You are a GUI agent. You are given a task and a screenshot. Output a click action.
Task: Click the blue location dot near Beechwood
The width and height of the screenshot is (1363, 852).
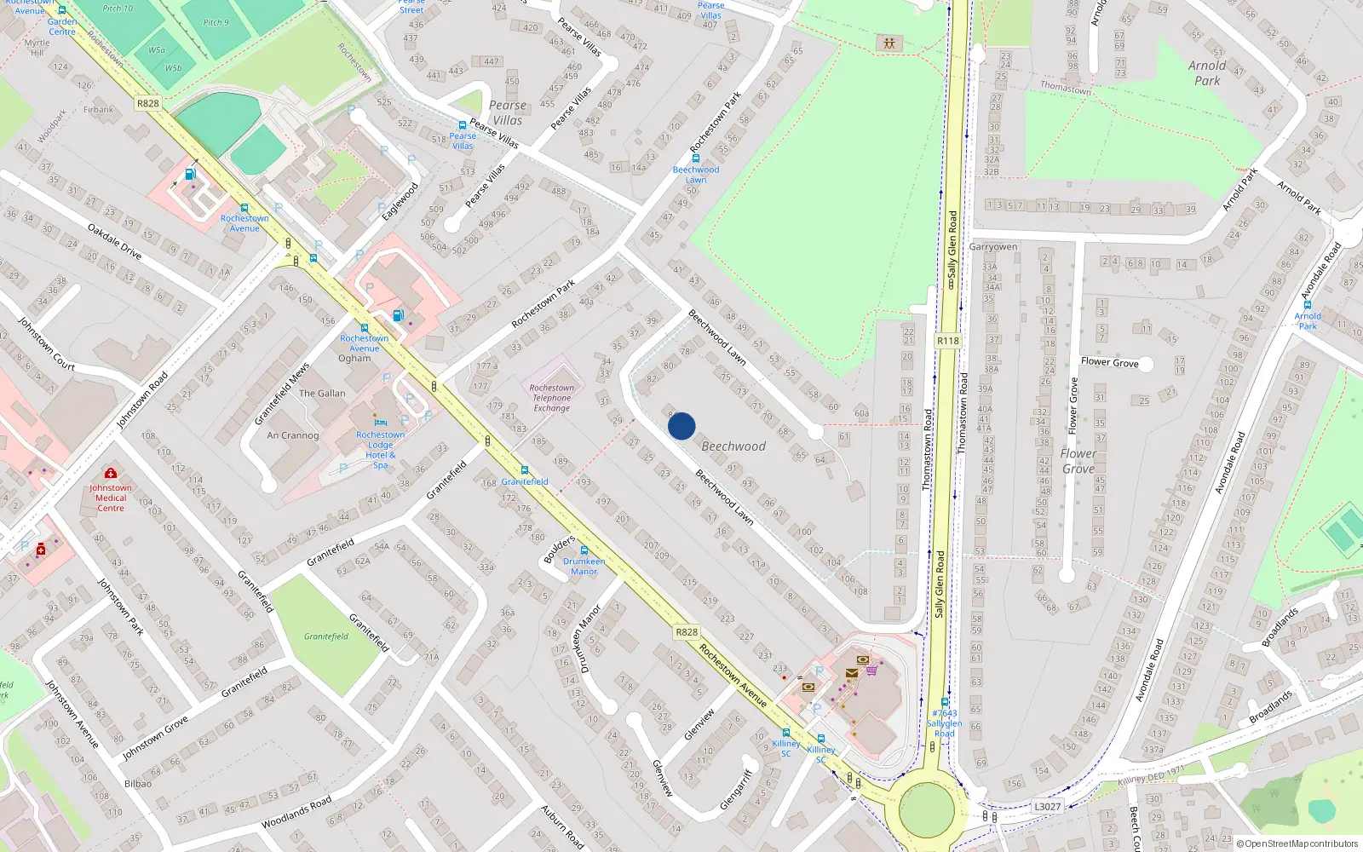click(681, 426)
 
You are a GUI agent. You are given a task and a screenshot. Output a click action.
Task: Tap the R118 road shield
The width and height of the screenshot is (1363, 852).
click(947, 341)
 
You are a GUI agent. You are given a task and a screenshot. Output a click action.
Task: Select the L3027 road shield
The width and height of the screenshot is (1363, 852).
click(1047, 807)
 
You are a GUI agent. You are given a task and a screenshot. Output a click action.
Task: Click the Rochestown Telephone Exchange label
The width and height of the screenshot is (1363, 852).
click(552, 398)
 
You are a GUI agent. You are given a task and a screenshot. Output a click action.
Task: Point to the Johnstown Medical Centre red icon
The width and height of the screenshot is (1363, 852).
click(110, 474)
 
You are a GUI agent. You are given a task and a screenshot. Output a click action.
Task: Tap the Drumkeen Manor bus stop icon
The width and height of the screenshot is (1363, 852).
click(584, 550)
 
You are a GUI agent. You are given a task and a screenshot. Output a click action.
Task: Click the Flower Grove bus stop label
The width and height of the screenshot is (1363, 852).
click(1109, 362)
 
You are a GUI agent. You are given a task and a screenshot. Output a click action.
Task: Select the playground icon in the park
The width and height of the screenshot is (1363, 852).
click(889, 43)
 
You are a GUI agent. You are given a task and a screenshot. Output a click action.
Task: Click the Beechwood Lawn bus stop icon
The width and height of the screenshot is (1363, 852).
click(696, 158)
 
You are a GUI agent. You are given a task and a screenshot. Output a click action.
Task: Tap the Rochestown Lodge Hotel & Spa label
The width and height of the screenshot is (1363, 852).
click(380, 449)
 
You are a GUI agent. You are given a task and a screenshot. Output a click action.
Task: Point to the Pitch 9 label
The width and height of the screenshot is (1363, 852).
click(216, 22)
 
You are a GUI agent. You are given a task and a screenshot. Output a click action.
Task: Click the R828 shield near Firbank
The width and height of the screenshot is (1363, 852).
click(147, 103)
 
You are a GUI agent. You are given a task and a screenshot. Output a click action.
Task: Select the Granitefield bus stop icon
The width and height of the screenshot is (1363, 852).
click(524, 470)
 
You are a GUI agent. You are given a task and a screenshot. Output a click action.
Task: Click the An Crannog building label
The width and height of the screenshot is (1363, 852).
click(292, 435)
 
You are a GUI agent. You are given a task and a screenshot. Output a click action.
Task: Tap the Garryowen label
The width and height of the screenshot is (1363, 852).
click(993, 247)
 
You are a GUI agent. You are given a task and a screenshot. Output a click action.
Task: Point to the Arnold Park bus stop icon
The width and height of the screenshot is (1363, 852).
click(1307, 305)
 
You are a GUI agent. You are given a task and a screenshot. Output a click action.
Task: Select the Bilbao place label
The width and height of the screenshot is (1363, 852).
click(138, 784)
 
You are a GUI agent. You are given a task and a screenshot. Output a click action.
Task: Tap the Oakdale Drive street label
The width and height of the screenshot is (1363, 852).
click(114, 241)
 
